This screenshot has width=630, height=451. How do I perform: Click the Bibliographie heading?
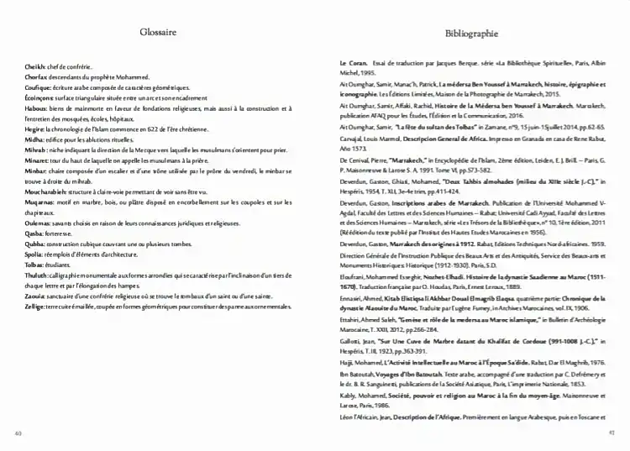point(470,34)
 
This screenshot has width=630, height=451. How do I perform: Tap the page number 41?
point(611,433)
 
